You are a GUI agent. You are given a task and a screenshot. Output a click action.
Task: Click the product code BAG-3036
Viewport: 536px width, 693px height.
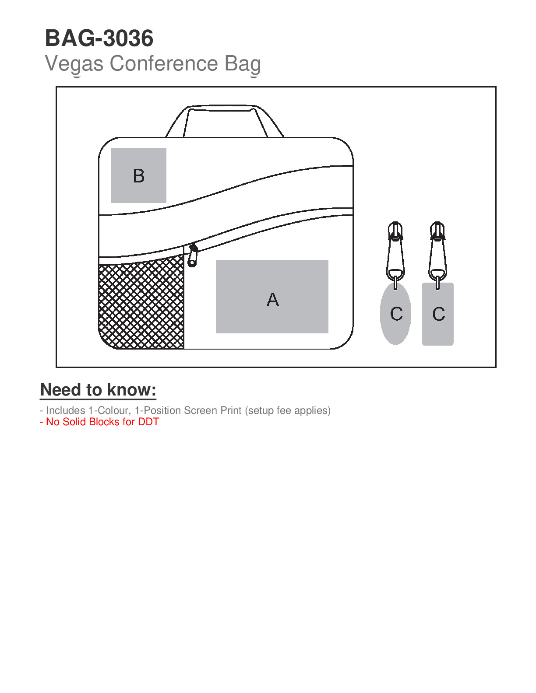pos(99,38)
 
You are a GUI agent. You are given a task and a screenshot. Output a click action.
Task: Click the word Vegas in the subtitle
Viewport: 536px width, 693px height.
pos(74,64)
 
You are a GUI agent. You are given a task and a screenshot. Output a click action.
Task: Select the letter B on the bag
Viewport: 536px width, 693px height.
pos(139,176)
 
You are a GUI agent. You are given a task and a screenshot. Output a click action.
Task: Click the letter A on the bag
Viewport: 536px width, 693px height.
pos(273,300)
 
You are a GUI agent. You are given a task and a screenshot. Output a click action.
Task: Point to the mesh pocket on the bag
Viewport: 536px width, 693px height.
pos(141,302)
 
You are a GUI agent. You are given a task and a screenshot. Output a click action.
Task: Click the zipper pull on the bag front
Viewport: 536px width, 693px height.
pos(193,255)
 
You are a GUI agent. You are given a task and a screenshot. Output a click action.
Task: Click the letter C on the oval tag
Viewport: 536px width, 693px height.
pos(396,314)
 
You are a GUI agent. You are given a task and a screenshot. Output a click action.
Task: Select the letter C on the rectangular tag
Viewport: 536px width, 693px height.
pos(439,314)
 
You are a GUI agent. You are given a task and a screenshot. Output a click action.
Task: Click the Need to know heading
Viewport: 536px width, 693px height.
pos(98,390)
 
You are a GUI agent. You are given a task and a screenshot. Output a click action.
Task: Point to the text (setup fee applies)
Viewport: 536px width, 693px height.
pos(288,410)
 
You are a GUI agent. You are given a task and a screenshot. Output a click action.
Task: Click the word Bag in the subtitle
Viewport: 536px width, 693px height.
pos(243,64)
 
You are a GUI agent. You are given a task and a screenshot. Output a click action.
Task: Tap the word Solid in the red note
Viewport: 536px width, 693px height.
pos(74,422)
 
